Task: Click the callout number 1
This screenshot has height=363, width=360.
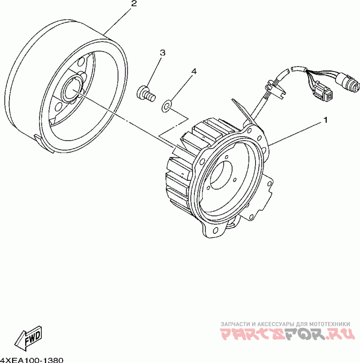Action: (324, 121)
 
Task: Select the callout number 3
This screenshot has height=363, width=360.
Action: (162, 53)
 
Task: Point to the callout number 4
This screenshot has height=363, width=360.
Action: (194, 71)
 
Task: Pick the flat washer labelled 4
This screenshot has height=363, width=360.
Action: (167, 107)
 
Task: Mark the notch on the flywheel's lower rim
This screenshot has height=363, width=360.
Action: (38, 137)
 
